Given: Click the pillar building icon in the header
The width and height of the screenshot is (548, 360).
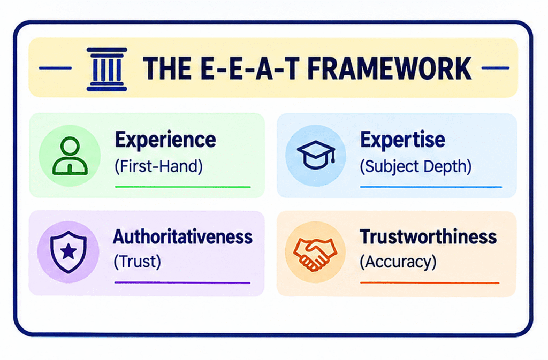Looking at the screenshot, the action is click(x=106, y=69).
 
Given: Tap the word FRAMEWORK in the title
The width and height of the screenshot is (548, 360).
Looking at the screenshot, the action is click(x=390, y=68).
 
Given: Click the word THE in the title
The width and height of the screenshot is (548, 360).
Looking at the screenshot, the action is click(x=167, y=68).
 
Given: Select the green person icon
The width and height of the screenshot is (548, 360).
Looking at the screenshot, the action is click(x=70, y=156).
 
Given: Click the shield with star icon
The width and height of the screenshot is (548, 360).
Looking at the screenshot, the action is click(x=68, y=251).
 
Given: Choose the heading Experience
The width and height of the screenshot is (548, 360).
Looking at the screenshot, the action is click(x=165, y=140).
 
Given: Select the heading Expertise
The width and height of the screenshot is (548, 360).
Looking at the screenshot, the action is click(x=402, y=140).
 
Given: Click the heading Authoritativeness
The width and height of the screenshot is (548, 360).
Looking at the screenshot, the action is click(x=182, y=237).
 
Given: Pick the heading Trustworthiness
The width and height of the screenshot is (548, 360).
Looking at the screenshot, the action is click(x=428, y=237).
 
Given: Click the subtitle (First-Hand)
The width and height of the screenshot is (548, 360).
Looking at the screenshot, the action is click(x=158, y=166).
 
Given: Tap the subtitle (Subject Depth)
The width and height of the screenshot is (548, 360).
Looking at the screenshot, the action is click(x=415, y=167).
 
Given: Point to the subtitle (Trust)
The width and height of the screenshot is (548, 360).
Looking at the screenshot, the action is click(x=138, y=261).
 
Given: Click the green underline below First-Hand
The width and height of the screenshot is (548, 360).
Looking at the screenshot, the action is click(x=183, y=187).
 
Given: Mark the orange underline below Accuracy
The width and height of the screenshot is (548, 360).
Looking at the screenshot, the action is click(x=430, y=283).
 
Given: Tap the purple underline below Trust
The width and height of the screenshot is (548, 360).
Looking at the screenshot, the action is click(x=182, y=282).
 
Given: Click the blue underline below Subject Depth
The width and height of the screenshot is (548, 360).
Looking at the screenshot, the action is click(x=431, y=187).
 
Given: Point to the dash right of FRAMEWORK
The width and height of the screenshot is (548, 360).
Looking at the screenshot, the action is click(x=495, y=68).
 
